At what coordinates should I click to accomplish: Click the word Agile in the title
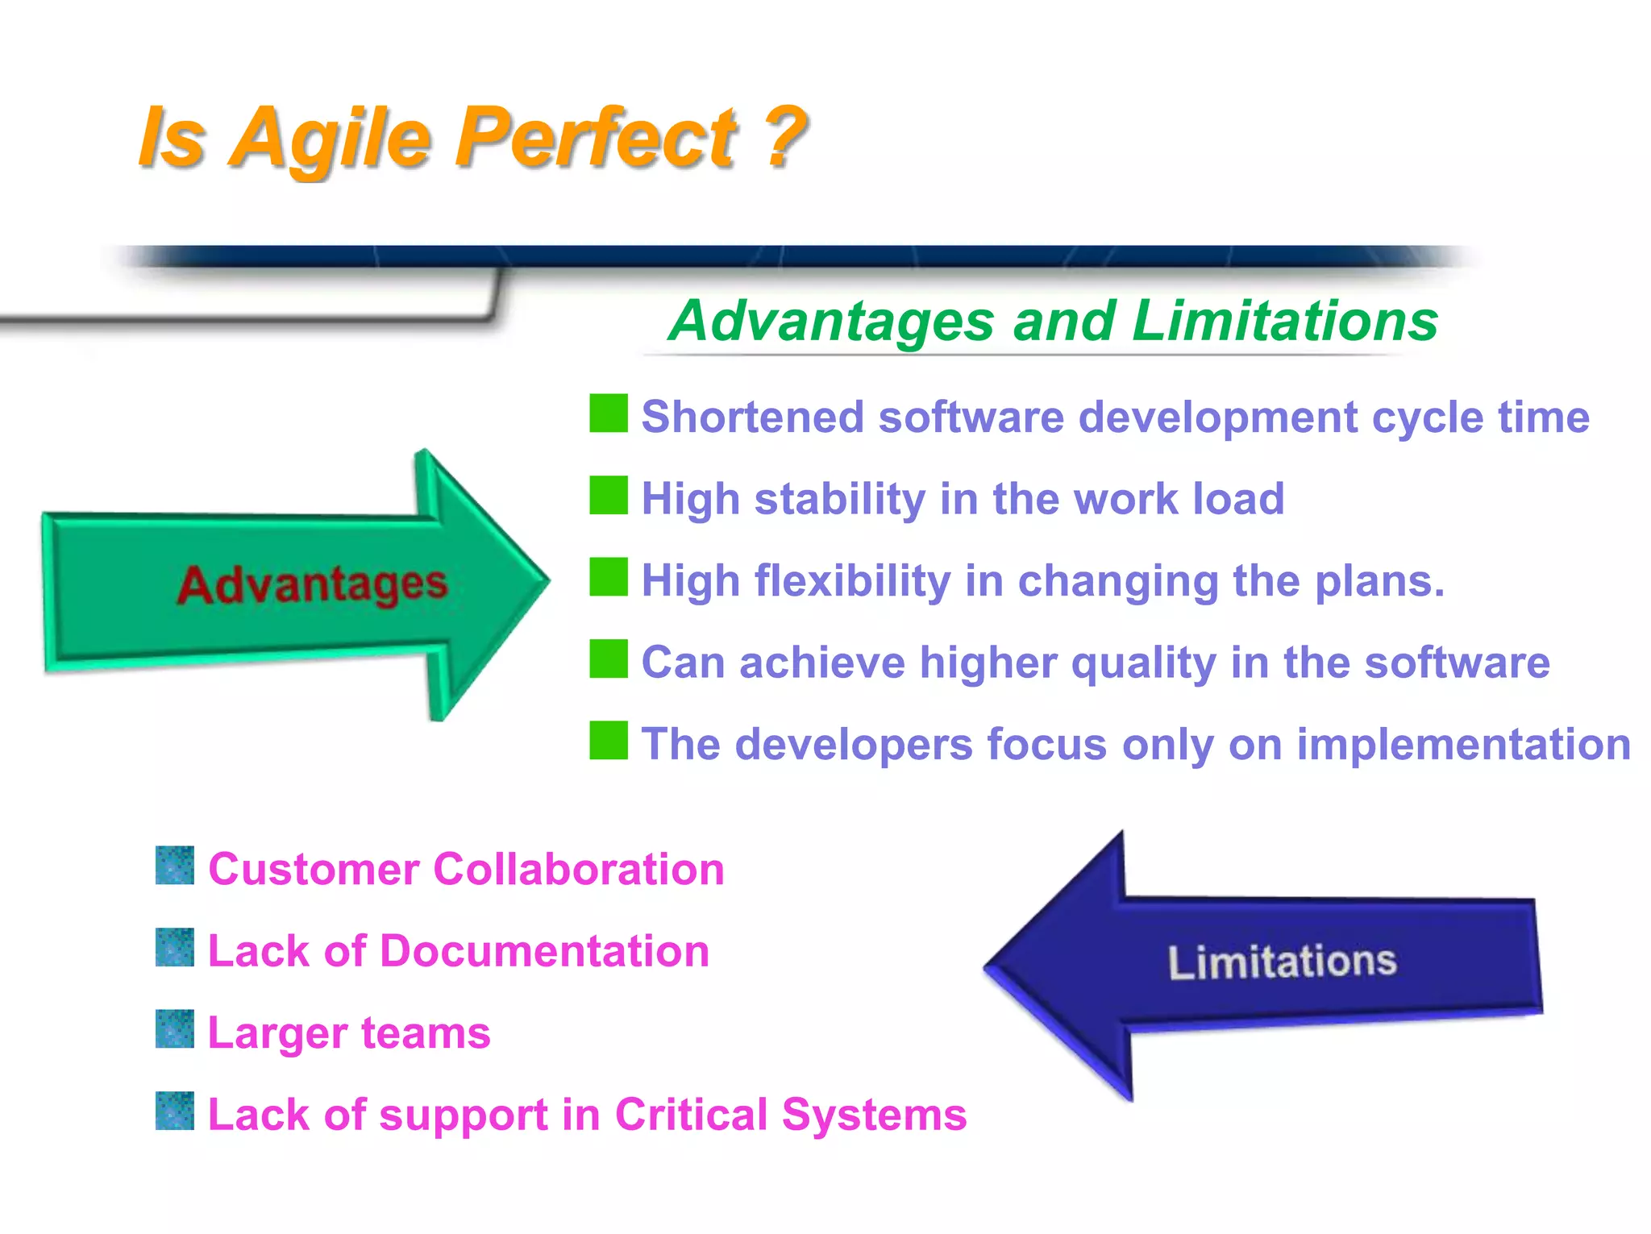click(x=331, y=139)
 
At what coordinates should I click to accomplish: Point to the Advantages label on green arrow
click(x=312, y=584)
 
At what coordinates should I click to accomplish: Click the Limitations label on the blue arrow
click(x=1282, y=962)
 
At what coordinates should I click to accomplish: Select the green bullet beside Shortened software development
click(x=608, y=413)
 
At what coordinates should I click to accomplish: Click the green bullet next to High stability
click(x=608, y=495)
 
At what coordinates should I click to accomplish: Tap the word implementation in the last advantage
click(x=1463, y=744)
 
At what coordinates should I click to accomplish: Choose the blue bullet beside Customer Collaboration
click(x=175, y=866)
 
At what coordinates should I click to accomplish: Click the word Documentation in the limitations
click(x=544, y=951)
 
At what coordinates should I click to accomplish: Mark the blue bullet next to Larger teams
click(x=175, y=1029)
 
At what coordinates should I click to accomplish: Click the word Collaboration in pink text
click(x=578, y=870)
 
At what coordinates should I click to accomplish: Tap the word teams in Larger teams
click(x=425, y=1033)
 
